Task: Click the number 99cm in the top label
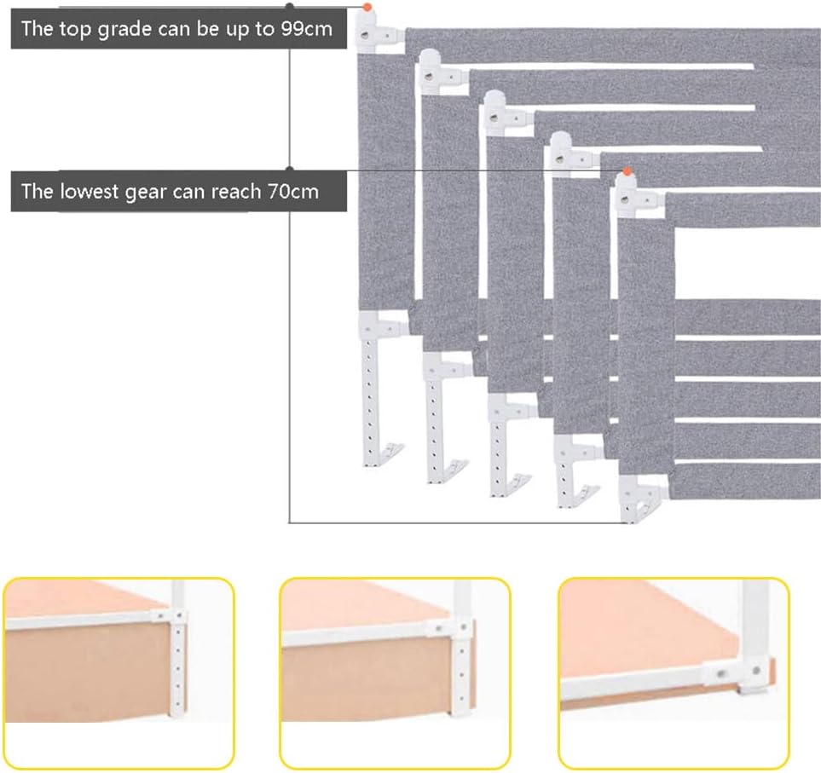(307, 28)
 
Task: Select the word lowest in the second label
(90, 192)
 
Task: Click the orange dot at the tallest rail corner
(367, 8)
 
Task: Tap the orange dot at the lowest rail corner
(627, 171)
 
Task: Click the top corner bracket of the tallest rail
(378, 32)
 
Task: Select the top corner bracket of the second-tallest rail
(441, 73)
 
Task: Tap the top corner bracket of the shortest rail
(638, 197)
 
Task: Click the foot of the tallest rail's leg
(385, 454)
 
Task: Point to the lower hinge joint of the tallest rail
(381, 326)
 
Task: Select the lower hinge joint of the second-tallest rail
(446, 367)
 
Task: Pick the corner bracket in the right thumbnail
(739, 675)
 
